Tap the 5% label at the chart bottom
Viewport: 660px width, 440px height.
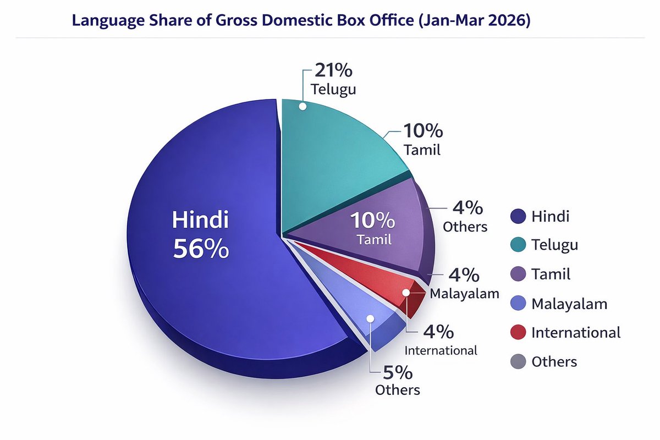[397, 373]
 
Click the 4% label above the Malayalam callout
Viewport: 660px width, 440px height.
[464, 274]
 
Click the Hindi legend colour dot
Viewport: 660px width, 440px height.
[518, 216]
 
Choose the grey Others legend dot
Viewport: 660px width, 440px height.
[518, 361]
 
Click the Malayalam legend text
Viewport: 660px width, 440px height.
[569, 303]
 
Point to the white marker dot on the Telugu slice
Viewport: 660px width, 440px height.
[302, 106]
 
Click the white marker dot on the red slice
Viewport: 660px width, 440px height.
[406, 293]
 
